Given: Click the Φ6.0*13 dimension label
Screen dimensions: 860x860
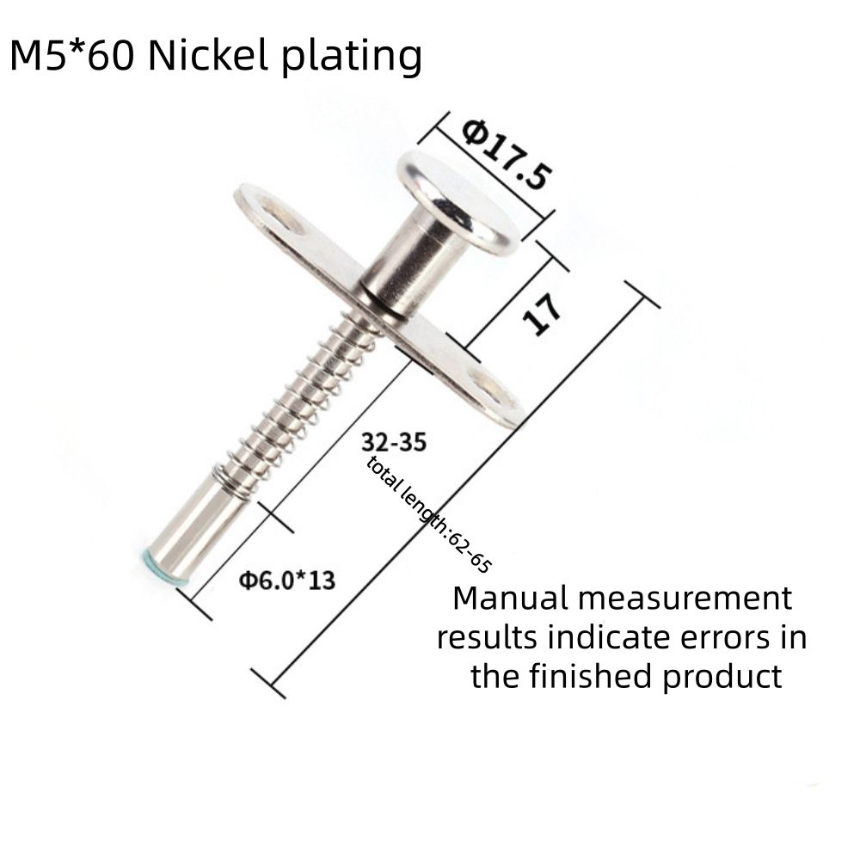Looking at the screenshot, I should [287, 580].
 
